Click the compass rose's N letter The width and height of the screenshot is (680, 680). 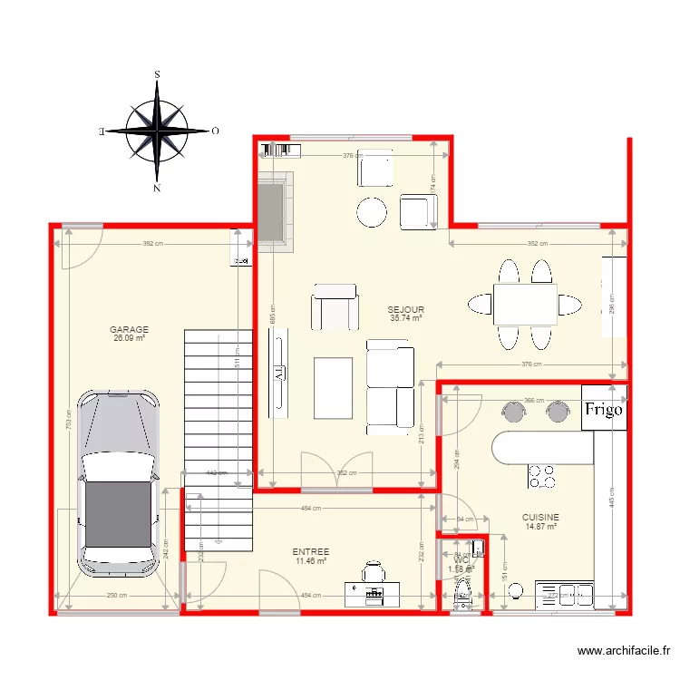[x=157, y=189]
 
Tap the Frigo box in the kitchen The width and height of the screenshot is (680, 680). [x=604, y=409]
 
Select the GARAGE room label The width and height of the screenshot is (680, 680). [x=129, y=330]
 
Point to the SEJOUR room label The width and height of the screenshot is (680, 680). [x=406, y=310]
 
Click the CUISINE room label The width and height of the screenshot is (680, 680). [x=539, y=517]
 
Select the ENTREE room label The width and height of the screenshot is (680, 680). [x=311, y=551]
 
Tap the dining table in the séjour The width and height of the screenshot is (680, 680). [x=525, y=304]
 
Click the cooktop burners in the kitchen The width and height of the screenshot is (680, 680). [x=543, y=476]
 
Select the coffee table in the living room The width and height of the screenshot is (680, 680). [x=333, y=387]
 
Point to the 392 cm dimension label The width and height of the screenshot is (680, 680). [x=152, y=244]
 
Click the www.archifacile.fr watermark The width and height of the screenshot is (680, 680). [x=625, y=650]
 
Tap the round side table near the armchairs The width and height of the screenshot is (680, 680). [x=372, y=212]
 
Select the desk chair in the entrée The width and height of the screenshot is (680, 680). [x=373, y=572]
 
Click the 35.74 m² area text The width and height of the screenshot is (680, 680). [x=406, y=318]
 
